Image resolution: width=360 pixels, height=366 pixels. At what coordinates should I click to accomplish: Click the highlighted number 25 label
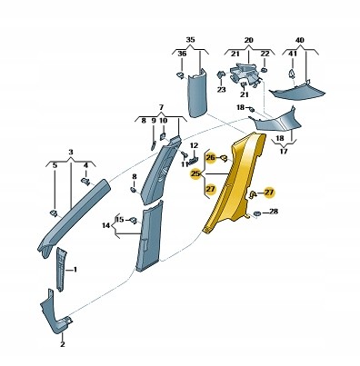tap(195, 173)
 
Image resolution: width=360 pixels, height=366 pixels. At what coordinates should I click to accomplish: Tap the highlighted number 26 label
tap(210, 158)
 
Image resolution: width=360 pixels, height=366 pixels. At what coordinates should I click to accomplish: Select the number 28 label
tap(274, 212)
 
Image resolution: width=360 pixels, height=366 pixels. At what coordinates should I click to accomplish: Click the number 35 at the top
tap(190, 40)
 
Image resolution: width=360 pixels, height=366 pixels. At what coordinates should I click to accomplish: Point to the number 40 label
tap(300, 40)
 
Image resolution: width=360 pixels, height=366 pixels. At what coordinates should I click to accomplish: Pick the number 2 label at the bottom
tap(63, 344)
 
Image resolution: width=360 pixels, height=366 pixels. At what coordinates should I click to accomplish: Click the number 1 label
tap(75, 269)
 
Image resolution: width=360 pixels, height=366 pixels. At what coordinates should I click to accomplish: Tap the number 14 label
tap(105, 225)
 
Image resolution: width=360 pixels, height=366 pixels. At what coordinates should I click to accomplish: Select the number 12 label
tap(194, 145)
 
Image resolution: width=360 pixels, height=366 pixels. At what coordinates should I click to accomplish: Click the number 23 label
tap(222, 90)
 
